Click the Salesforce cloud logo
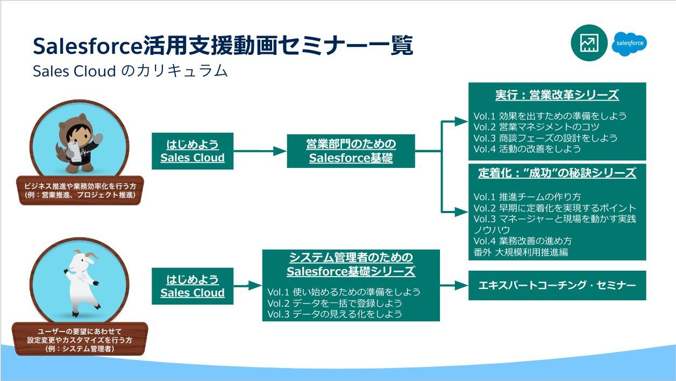[629, 43]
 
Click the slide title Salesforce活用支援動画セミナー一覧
[223, 46]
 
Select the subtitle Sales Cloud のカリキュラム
[130, 71]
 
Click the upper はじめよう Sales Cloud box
[193, 151]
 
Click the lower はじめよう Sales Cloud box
[193, 286]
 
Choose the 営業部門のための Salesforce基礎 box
[351, 151]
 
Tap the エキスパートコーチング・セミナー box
[557, 285]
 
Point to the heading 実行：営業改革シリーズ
[557, 95]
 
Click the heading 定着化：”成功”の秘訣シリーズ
[557, 173]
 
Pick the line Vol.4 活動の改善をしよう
[527, 149]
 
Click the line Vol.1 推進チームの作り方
[527, 197]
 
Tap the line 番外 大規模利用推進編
[521, 251]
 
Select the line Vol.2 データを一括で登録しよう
[335, 303]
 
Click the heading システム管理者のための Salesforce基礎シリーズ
[351, 264]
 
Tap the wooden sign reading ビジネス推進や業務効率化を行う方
[80, 190]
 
